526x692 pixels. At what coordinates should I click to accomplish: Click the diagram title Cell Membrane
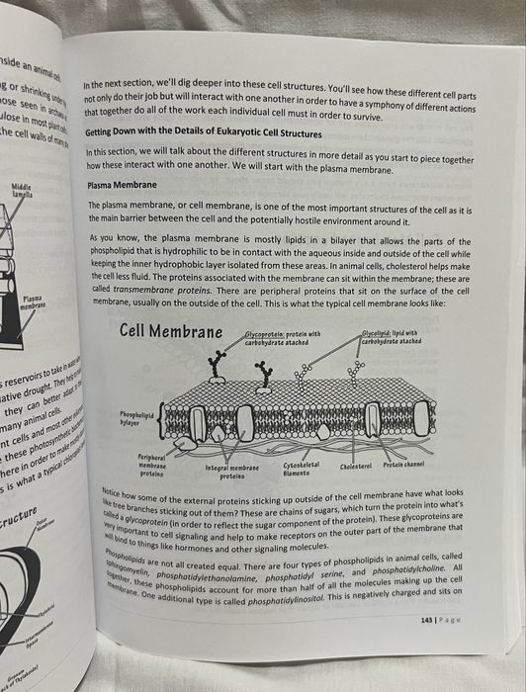[172, 331]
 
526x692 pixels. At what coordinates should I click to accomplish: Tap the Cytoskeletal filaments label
[301, 468]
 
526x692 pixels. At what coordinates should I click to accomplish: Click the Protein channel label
[405, 465]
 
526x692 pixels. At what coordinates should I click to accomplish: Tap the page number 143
[426, 619]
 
